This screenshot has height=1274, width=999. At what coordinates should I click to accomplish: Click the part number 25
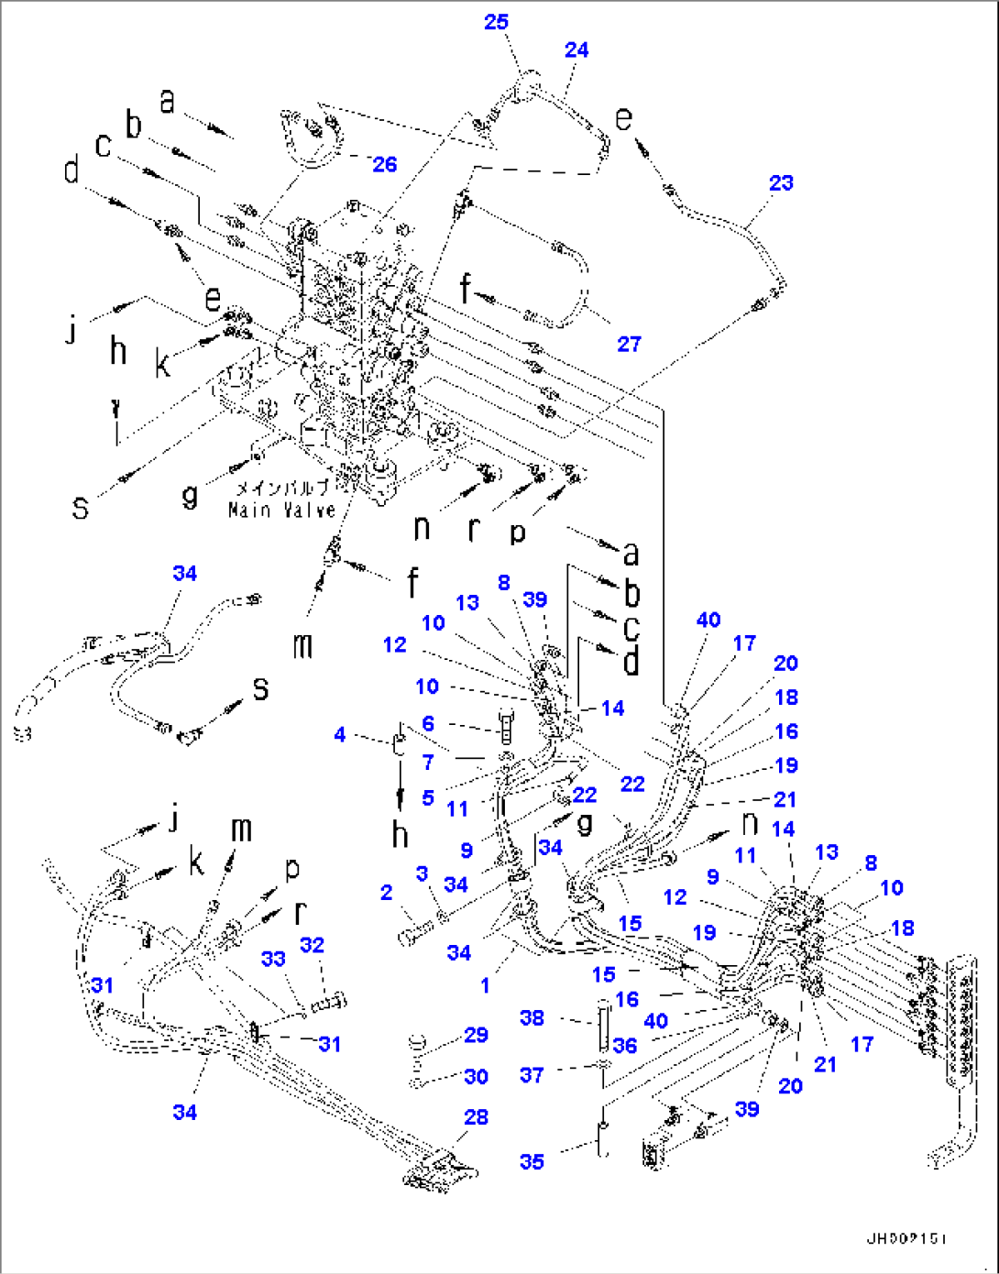pyautogui.click(x=496, y=21)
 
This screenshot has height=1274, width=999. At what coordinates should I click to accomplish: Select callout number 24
pyautogui.click(x=576, y=49)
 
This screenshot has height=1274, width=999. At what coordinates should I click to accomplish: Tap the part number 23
pyautogui.click(x=781, y=182)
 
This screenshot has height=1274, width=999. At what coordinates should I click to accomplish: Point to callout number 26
pyautogui.click(x=385, y=164)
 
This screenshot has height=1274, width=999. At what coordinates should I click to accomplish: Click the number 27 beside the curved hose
pyautogui.click(x=629, y=344)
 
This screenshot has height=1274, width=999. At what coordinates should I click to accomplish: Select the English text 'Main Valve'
pyautogui.click(x=282, y=510)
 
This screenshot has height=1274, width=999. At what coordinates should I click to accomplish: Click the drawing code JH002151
pyautogui.click(x=906, y=1238)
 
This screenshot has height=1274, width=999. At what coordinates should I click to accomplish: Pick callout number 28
pyautogui.click(x=476, y=1116)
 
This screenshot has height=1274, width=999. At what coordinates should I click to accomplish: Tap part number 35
pyautogui.click(x=532, y=1161)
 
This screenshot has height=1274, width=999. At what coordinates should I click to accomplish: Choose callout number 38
pyautogui.click(x=532, y=1017)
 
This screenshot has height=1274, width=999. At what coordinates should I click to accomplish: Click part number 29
pyautogui.click(x=476, y=1035)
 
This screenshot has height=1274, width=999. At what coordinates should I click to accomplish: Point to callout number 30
pyautogui.click(x=476, y=1076)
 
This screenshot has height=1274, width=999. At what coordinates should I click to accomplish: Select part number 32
pyautogui.click(x=312, y=944)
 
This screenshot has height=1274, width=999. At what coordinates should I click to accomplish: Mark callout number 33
pyautogui.click(x=273, y=959)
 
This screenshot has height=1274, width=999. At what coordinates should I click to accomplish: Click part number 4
pyautogui.click(x=340, y=734)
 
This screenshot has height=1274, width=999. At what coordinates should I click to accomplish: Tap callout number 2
pyautogui.click(x=387, y=892)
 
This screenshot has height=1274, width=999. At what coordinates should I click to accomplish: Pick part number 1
pyautogui.click(x=485, y=985)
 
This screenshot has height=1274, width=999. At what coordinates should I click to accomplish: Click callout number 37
pyautogui.click(x=532, y=1074)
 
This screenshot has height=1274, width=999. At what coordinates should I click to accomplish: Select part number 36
pyautogui.click(x=625, y=1045)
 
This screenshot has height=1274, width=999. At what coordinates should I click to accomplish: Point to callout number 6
pyautogui.click(x=428, y=724)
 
